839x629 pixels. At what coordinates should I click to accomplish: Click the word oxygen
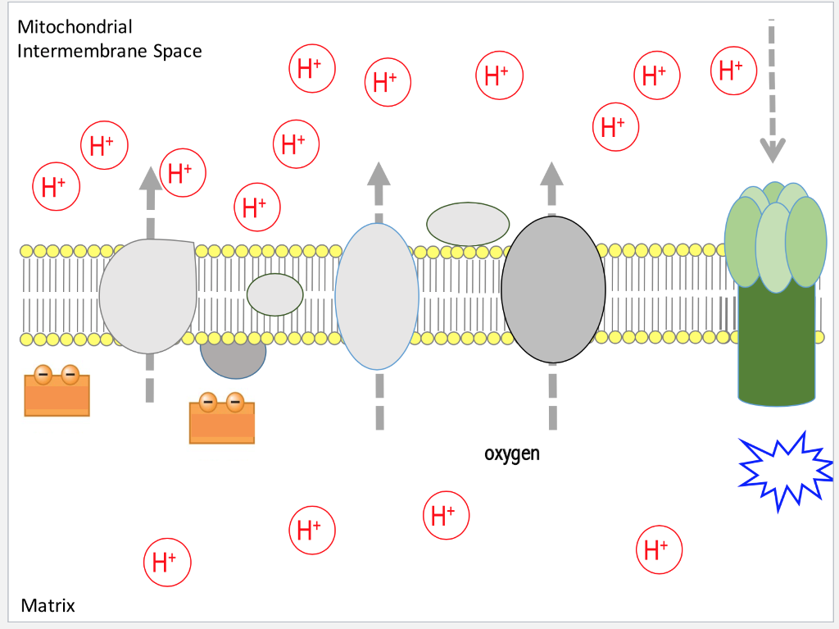[x=512, y=453]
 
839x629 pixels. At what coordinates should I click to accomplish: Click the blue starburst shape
[x=785, y=470]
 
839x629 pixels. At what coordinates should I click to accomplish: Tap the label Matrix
[x=48, y=606]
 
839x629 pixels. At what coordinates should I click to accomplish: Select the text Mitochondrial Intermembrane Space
[x=109, y=39]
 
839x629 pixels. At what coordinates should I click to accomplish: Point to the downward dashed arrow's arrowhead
[x=772, y=150]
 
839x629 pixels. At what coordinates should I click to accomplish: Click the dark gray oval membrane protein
[x=553, y=289]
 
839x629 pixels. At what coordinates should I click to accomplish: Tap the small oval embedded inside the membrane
[x=275, y=294]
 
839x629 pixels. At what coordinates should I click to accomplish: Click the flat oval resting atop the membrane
[x=468, y=223]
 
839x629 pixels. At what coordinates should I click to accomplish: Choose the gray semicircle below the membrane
[x=234, y=359]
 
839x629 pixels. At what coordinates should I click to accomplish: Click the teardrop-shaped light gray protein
[x=148, y=294]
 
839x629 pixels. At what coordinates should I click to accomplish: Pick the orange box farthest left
[x=57, y=395]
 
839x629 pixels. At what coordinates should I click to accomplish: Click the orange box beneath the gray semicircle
[x=221, y=422]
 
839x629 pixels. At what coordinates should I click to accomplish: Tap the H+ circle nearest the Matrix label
[x=166, y=563]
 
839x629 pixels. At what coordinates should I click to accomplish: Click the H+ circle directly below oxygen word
[x=446, y=516]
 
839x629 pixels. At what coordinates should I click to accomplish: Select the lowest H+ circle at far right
[x=660, y=549]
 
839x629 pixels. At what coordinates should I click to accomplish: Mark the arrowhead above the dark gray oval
[x=551, y=173]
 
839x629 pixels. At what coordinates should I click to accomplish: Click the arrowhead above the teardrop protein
[x=149, y=178]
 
